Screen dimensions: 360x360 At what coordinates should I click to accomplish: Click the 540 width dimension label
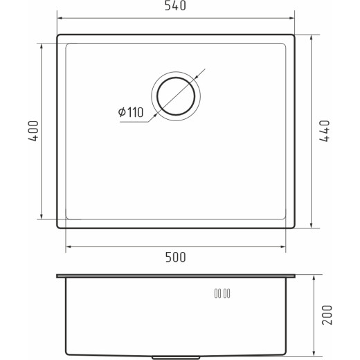coord(175,6)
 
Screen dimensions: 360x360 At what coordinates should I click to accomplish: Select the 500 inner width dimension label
coord(175,257)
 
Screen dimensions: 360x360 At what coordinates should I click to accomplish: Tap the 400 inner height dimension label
coord(33,131)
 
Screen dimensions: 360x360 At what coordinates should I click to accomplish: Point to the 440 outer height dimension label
coord(325,131)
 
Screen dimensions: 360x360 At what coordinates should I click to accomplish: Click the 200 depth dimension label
coord(327,315)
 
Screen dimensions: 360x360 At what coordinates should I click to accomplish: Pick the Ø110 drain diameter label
coord(131,112)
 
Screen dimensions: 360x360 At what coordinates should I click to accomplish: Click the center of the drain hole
coord(176,96)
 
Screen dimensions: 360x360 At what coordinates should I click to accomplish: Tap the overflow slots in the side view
coord(222,294)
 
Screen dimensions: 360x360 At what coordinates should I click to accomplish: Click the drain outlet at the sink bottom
coord(176,358)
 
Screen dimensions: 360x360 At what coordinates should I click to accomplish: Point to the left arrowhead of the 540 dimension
coord(60,18)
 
